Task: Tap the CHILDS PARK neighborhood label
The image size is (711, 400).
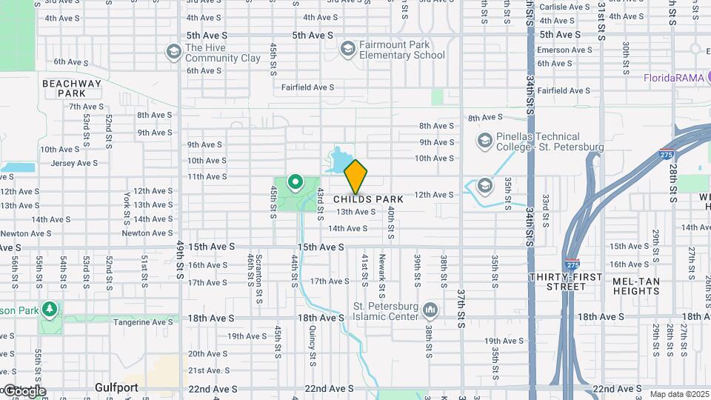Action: [x=368, y=199]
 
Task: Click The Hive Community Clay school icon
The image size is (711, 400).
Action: [x=173, y=51]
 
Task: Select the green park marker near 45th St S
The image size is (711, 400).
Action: [x=295, y=181]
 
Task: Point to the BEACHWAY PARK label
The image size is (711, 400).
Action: [x=71, y=89]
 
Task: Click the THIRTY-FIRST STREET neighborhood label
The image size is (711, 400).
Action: [x=563, y=281]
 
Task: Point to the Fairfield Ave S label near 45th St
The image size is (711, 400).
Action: [x=307, y=87]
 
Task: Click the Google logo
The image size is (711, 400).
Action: [x=24, y=391]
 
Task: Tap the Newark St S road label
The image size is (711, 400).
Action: [x=382, y=273]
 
